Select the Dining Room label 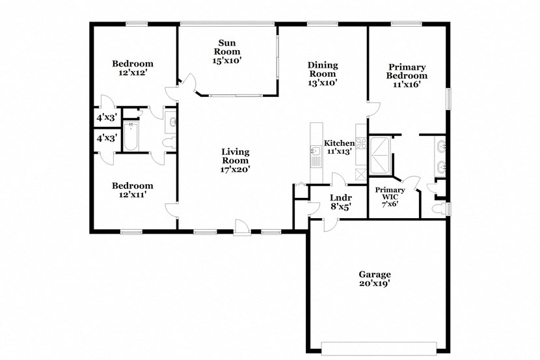click(323, 74)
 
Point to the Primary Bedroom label click(407, 75)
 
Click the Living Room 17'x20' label click(236, 160)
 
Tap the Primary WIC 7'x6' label click(390, 197)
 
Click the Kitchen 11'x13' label click(339, 147)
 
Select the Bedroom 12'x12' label click(133, 68)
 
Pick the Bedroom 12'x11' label click(132, 189)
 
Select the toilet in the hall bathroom click(168, 143)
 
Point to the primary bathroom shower click(379, 150)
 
